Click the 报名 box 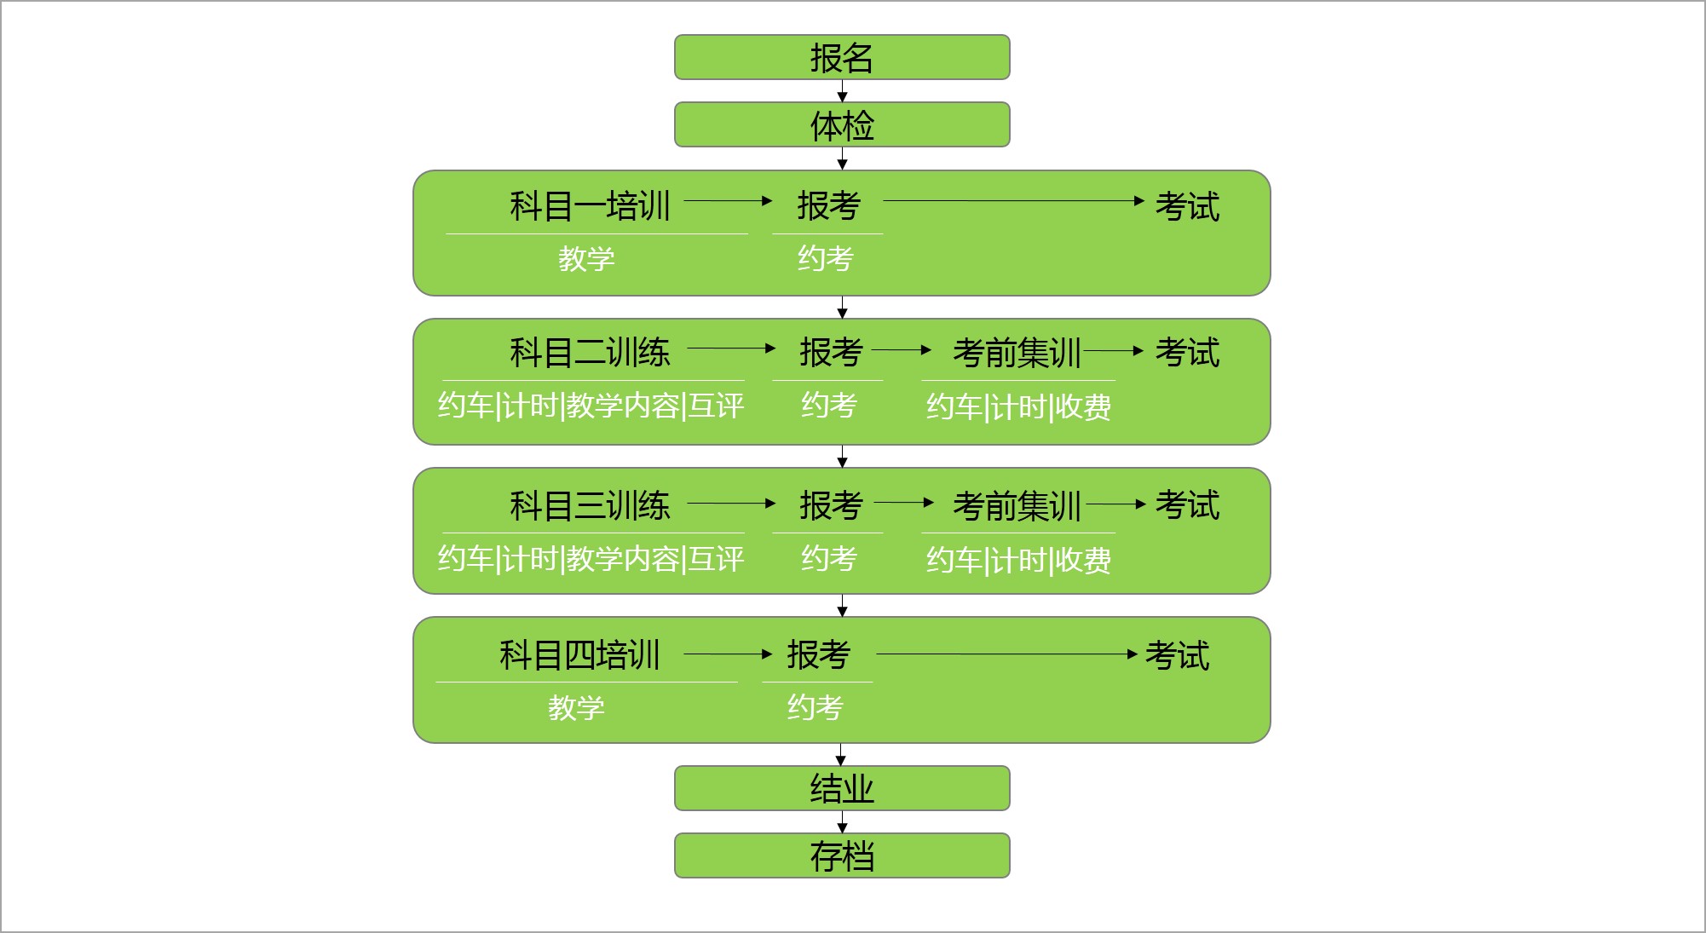[x=842, y=57]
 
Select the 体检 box [x=842, y=125]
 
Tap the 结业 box [x=842, y=788]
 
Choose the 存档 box [x=842, y=855]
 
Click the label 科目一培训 [x=590, y=206]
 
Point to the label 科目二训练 [x=590, y=353]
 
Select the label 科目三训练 [x=590, y=506]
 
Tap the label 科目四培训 [x=579, y=655]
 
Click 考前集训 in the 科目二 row [x=1017, y=353]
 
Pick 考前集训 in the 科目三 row [x=1017, y=506]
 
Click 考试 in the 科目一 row [x=1187, y=206]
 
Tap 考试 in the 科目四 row [x=1177, y=655]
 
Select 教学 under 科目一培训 [x=586, y=258]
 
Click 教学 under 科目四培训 [x=576, y=707]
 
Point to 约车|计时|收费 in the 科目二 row [x=1018, y=407]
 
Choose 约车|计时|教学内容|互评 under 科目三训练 [x=591, y=559]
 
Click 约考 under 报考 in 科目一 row [x=825, y=258]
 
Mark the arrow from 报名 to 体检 [x=842, y=91]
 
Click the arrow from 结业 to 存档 [x=842, y=822]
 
